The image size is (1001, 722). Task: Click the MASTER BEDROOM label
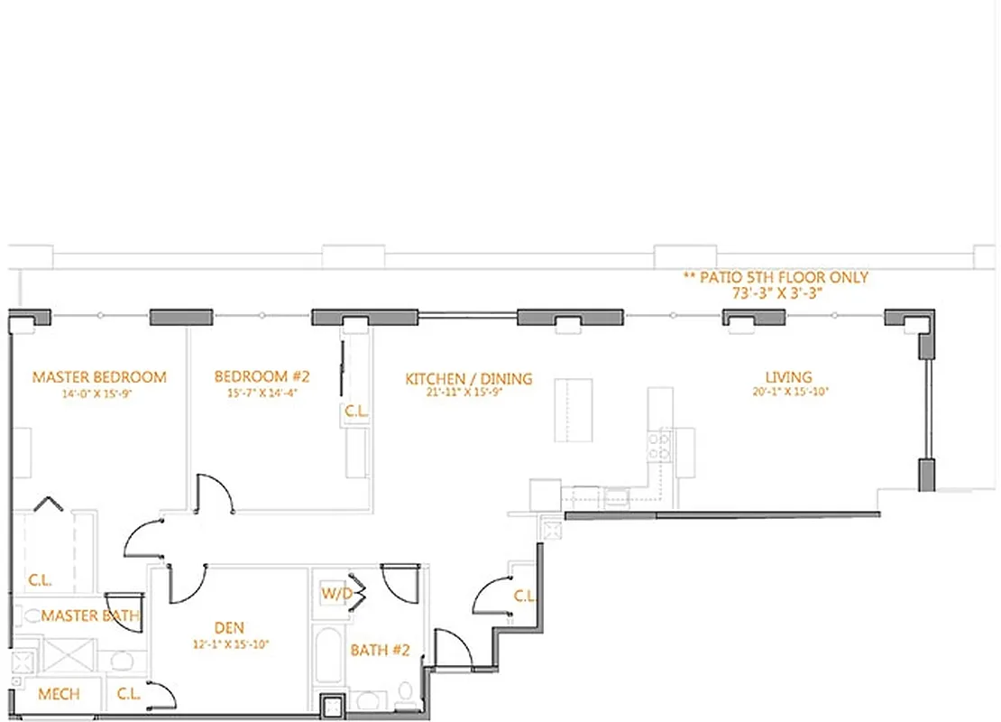[x=99, y=376]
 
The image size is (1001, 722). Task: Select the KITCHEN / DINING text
[x=468, y=379]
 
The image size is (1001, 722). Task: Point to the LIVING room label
[x=788, y=377]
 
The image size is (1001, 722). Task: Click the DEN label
[x=229, y=628]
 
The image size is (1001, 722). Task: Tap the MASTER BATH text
[x=90, y=616]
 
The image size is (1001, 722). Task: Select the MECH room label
[x=59, y=694]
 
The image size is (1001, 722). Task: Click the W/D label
[x=336, y=595]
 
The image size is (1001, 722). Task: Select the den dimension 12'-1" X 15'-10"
[x=230, y=644]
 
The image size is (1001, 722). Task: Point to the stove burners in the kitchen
[x=660, y=446]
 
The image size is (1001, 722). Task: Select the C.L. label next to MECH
[x=128, y=694]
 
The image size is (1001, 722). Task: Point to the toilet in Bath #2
[x=405, y=696]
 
